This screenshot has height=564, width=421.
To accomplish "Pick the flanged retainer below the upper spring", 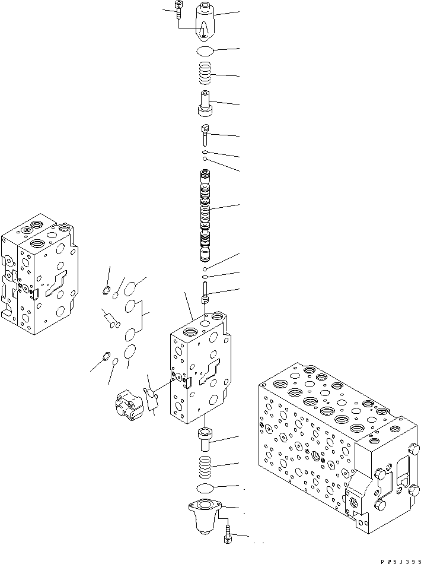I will click(205, 103).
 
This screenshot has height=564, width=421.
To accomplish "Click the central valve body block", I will click(199, 368).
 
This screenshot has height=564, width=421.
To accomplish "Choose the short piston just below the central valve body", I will click(206, 441).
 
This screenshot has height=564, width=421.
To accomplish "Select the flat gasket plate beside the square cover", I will click(151, 398).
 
